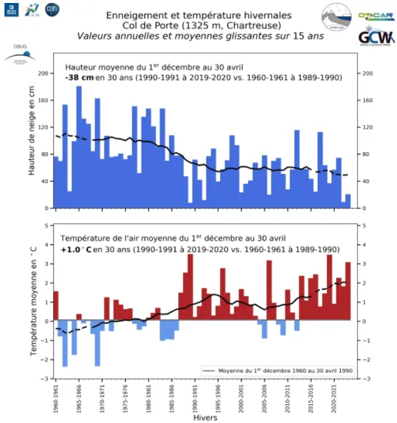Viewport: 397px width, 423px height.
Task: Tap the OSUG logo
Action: click(x=19, y=54)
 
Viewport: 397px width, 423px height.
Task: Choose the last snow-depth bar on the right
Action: click(x=348, y=201)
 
